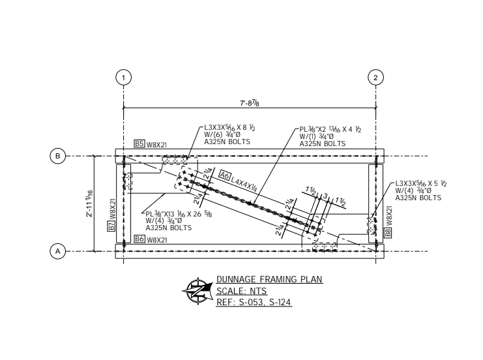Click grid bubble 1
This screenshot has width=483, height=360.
(x=123, y=77)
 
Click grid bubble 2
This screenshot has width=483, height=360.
(x=375, y=77)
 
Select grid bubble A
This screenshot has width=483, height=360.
(x=58, y=251)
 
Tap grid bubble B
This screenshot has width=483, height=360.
(x=58, y=157)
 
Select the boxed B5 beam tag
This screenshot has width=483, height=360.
(x=139, y=143)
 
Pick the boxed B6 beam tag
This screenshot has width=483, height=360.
(x=139, y=239)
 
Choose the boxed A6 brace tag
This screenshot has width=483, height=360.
(x=225, y=174)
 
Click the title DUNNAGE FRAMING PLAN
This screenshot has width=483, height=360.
(x=269, y=280)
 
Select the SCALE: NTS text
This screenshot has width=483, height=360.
(x=238, y=291)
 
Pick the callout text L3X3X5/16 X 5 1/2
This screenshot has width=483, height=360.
(x=420, y=184)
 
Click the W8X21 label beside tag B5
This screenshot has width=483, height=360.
(x=157, y=144)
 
